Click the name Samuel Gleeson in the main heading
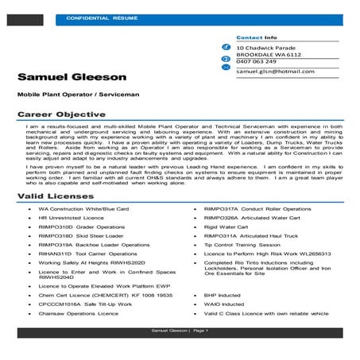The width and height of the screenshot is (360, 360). coord(73,77)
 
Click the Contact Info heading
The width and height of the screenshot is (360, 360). coord(257,37)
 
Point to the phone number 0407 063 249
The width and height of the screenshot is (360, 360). coord(255,61)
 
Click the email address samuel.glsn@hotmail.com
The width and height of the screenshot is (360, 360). coord(275,72)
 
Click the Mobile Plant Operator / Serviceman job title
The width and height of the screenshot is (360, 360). coord(77,95)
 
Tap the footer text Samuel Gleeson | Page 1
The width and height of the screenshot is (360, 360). coord(180,331)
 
